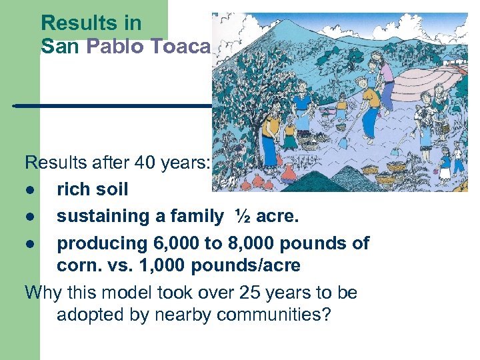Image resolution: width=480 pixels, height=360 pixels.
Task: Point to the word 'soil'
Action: [x=111, y=189]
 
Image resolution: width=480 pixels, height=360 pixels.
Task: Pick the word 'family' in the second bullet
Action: [x=193, y=216]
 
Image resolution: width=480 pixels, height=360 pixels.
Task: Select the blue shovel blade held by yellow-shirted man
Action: [x=343, y=141]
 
